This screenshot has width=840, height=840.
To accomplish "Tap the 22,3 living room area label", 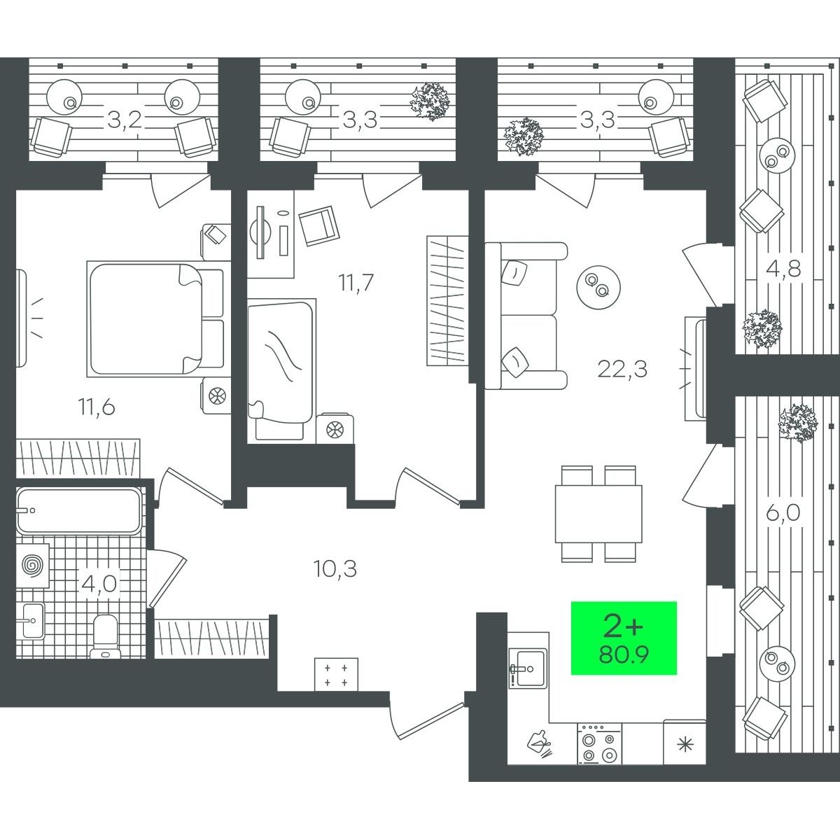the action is [x=622, y=370].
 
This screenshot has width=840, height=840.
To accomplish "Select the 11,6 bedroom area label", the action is [x=97, y=407].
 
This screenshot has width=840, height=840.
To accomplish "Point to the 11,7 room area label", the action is [x=356, y=283].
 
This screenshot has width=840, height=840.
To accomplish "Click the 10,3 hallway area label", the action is [x=335, y=568].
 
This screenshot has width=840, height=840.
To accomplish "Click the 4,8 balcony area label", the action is [x=783, y=269].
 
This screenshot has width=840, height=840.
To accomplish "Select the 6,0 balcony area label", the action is [x=783, y=513].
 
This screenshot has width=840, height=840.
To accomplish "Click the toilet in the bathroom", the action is [x=105, y=636].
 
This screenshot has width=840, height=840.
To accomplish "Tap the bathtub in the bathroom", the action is [x=79, y=511].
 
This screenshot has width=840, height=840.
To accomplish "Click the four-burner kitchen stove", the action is [x=599, y=743].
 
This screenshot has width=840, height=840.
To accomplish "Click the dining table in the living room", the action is [x=598, y=514].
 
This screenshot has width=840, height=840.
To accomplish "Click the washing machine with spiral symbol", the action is [x=33, y=566].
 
